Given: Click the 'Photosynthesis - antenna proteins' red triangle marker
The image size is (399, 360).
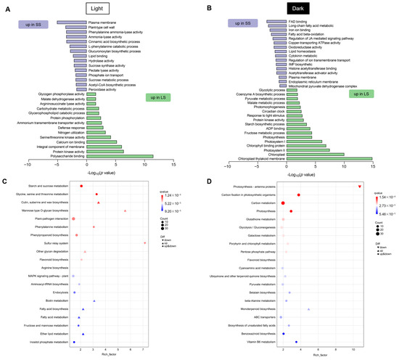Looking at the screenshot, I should coord(361,187).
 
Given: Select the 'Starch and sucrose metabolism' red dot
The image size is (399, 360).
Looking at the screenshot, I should coord(81,187).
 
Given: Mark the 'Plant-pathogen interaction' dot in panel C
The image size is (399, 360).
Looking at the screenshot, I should coord(75,218).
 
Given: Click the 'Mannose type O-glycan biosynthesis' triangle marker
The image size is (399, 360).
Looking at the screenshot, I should coord(126,210).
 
